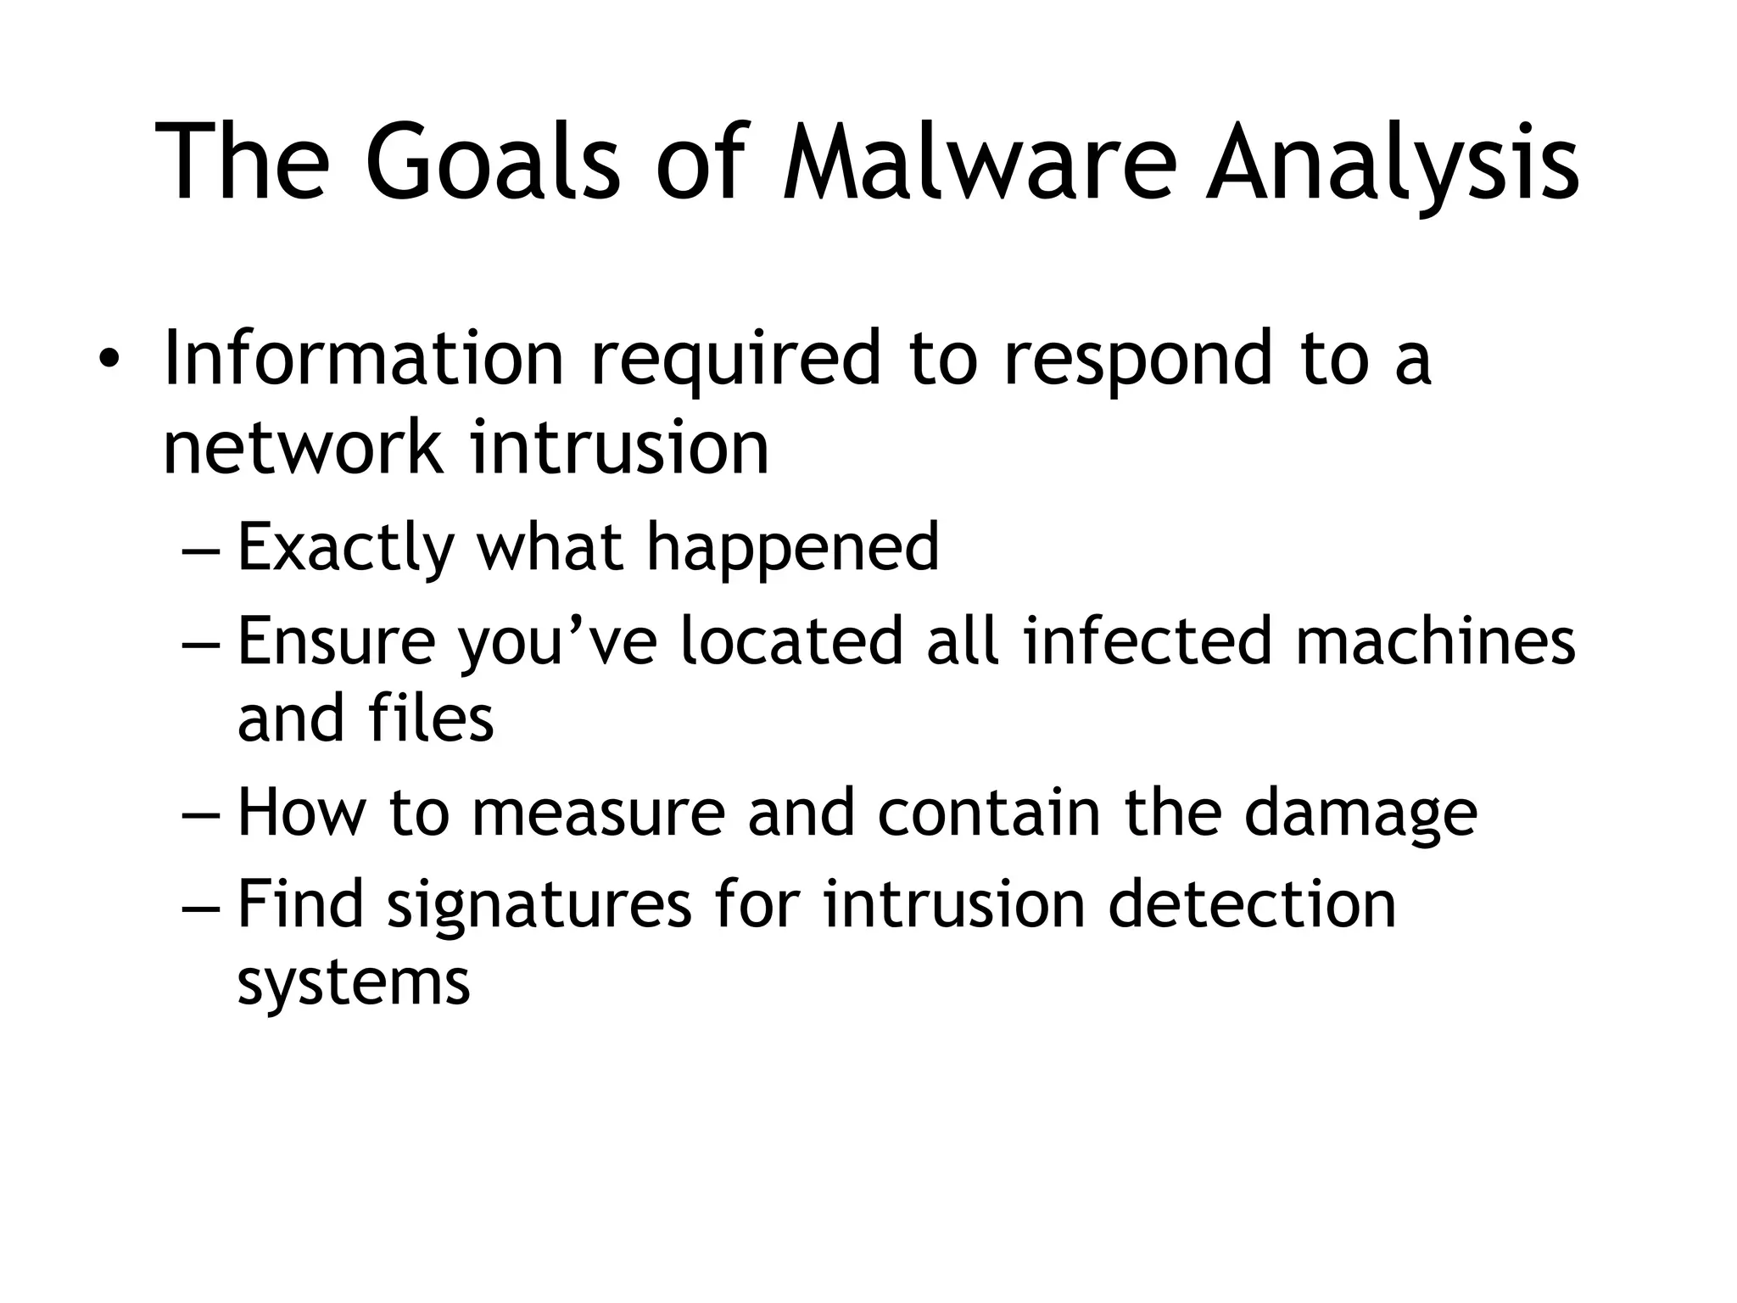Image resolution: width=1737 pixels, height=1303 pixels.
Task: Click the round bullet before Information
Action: click(108, 360)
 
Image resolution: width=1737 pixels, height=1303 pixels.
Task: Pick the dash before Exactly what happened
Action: click(202, 551)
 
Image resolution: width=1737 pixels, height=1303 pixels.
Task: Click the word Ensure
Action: click(336, 641)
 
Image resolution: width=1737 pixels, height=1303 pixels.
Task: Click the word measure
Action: click(598, 813)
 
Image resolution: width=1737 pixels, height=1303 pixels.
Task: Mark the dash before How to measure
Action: click(202, 814)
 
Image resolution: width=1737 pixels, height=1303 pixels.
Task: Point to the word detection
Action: click(1252, 904)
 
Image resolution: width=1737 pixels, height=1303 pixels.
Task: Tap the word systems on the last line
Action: click(353, 983)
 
